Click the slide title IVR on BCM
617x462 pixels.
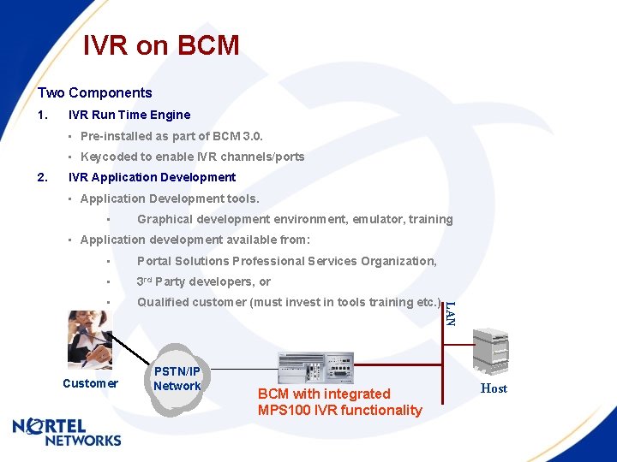161,45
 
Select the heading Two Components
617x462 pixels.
94,93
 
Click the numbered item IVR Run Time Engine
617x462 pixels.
129,115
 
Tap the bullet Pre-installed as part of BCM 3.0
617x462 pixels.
171,136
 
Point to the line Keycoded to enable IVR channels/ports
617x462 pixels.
192,157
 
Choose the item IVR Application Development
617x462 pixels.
152,177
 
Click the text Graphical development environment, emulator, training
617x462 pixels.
295,219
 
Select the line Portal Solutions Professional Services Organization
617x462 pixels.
287,261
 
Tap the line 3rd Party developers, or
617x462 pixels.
204,281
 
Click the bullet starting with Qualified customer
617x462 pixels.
289,302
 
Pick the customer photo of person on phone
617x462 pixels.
89,337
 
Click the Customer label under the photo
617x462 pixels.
90,383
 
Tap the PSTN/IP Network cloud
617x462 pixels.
177,379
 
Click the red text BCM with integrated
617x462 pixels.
324,394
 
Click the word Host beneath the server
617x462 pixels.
494,388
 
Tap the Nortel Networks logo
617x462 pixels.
67,430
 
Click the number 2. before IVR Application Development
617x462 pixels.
43,177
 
